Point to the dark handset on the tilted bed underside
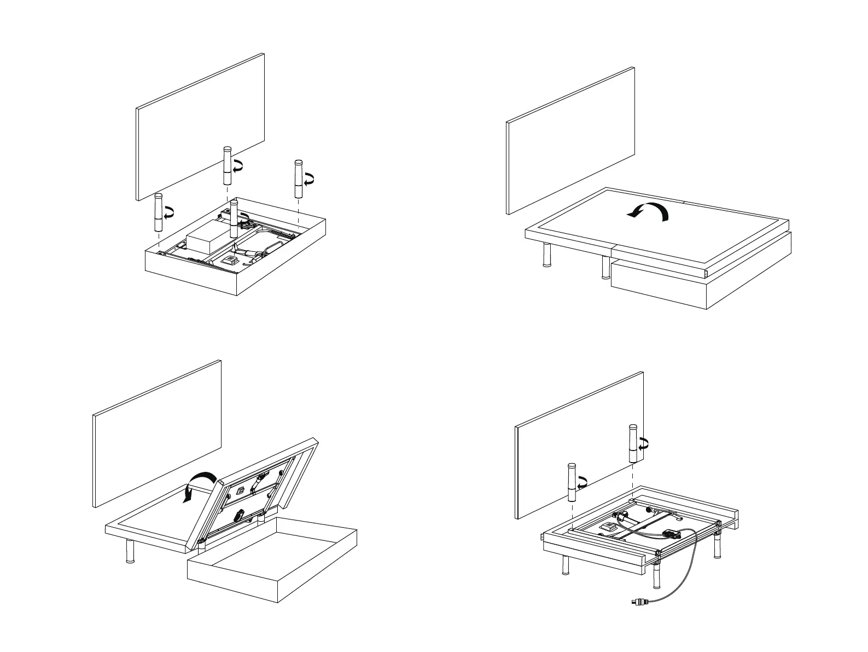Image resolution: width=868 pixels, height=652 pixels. tap(239, 515)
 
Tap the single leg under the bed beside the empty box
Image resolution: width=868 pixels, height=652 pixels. tap(130, 551)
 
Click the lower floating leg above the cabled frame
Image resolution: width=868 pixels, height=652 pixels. tap(572, 482)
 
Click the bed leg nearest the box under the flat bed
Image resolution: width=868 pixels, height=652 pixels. tap(605, 267)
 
